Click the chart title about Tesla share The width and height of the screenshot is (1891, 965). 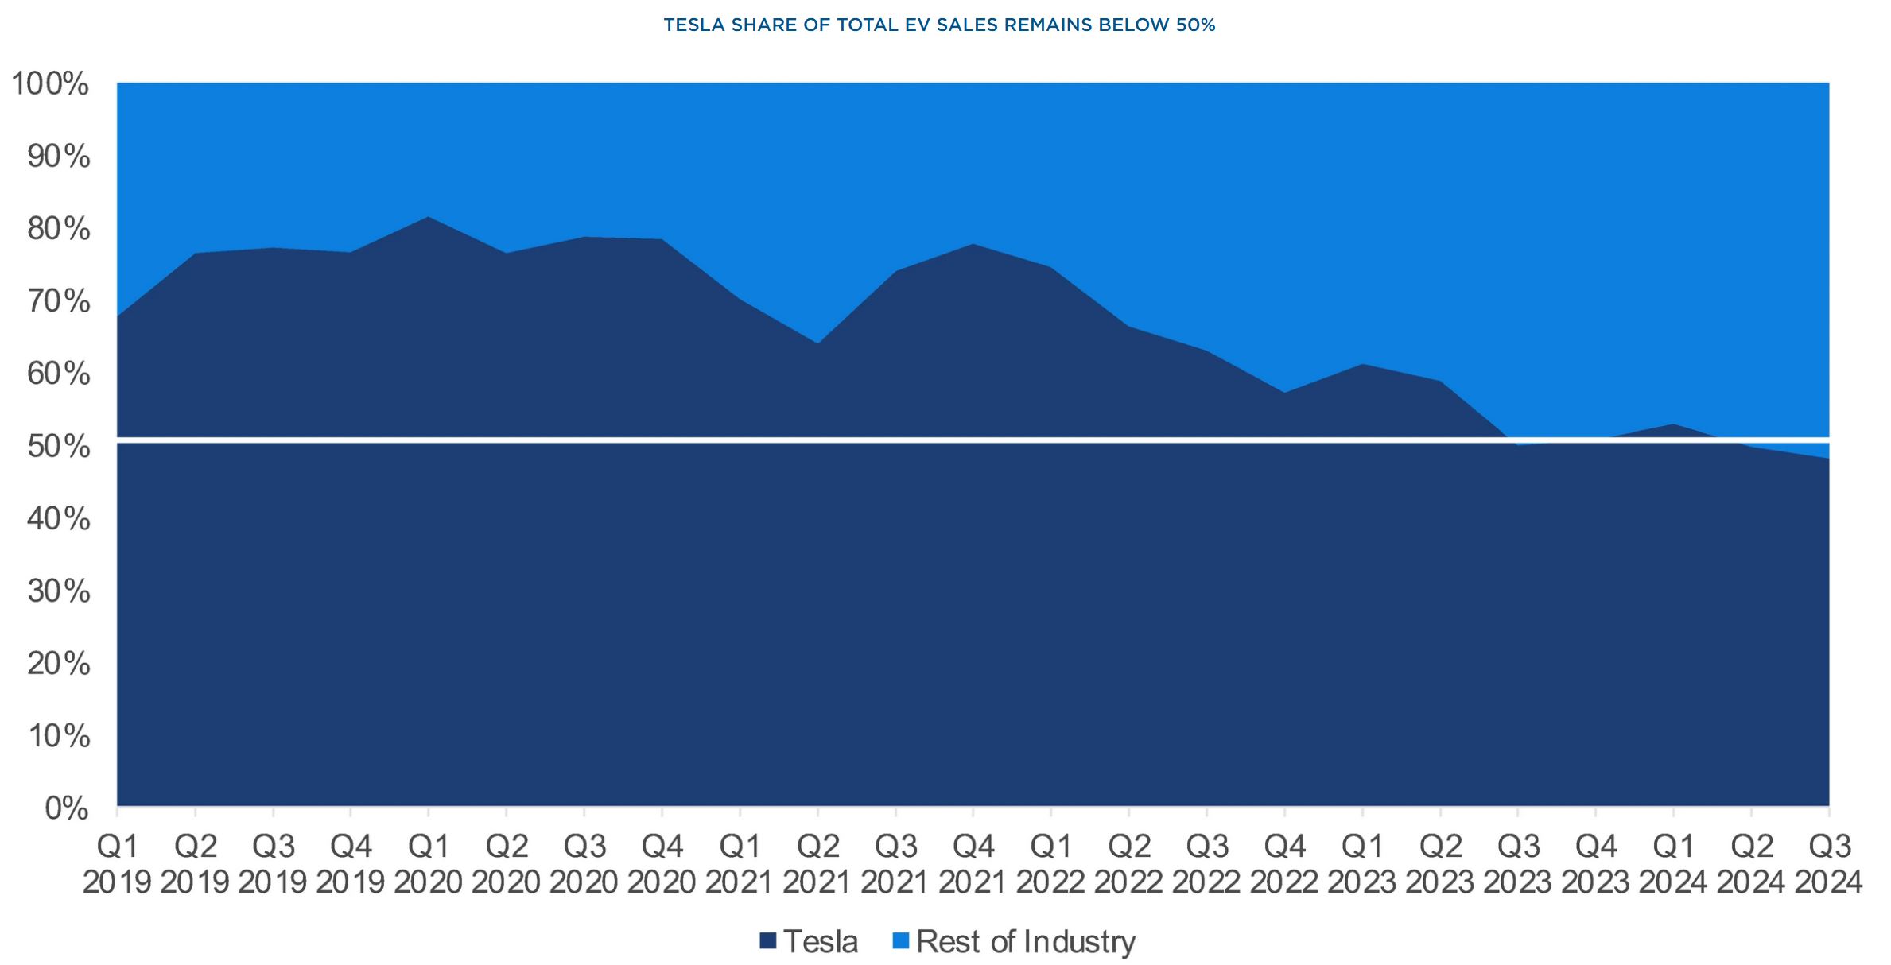939,25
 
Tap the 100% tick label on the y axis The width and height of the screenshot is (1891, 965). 49,84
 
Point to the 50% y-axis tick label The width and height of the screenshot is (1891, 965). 58,447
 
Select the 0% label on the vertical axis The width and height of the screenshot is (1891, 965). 66,808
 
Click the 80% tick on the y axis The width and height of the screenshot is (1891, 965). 58,230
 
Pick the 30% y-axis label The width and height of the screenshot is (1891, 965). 58,591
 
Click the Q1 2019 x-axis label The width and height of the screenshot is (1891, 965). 117,864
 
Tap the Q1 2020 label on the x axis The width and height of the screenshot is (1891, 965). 428,864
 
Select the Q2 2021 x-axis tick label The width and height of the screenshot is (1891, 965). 817,864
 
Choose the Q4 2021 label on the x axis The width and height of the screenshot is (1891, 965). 973,864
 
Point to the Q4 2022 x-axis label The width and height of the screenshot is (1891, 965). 1284,864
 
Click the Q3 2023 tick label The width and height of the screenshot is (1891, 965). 1517,864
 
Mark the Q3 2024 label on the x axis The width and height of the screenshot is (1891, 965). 1828,864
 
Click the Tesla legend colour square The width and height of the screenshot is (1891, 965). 767,941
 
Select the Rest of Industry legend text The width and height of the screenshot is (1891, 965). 1026,941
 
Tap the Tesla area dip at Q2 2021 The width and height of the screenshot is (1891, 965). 817,343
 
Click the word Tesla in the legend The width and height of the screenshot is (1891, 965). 821,941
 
